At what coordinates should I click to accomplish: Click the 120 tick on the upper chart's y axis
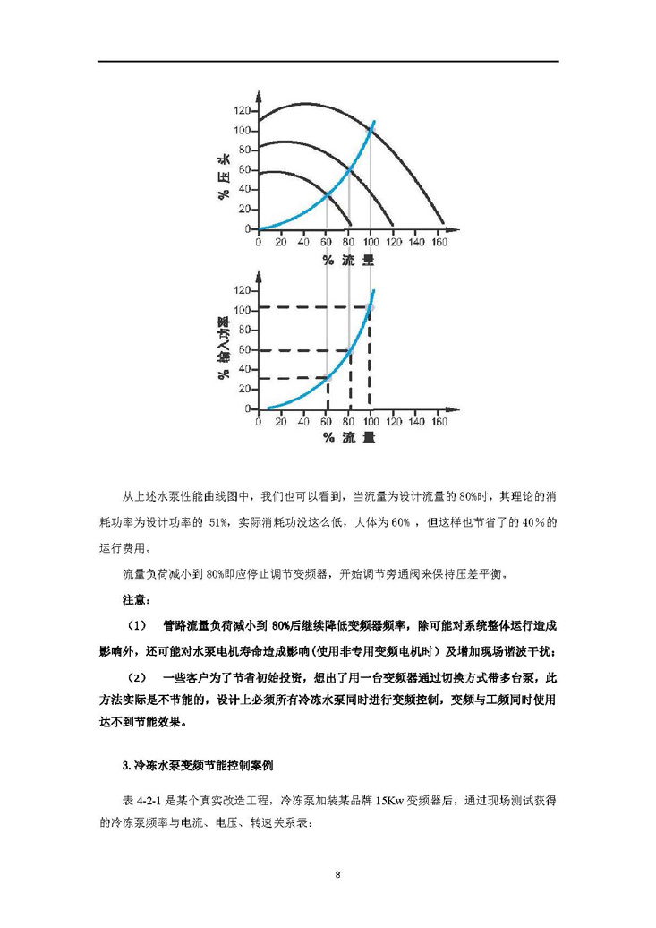(243, 111)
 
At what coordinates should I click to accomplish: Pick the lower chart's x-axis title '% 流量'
(348, 439)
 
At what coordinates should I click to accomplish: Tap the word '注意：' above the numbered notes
(136, 597)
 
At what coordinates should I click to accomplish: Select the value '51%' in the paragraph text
(217, 521)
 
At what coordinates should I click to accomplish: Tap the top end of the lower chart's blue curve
(373, 290)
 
